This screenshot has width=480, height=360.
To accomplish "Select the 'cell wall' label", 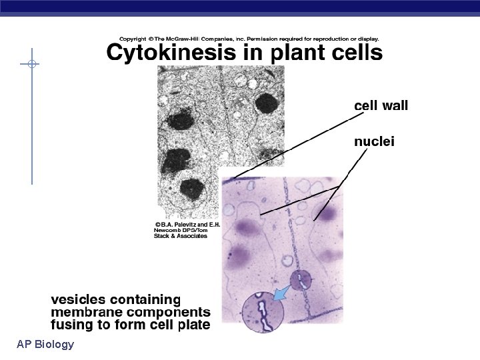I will pos(381,105).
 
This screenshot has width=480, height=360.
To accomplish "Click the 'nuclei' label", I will pos(374,141).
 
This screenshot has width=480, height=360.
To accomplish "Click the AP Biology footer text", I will pos(46,344).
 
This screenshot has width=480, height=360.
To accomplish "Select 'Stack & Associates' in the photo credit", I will pos(181,237).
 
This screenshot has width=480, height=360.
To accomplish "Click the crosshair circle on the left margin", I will pos(31,65).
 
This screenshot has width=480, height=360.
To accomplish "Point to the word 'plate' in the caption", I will pos(192,325).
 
